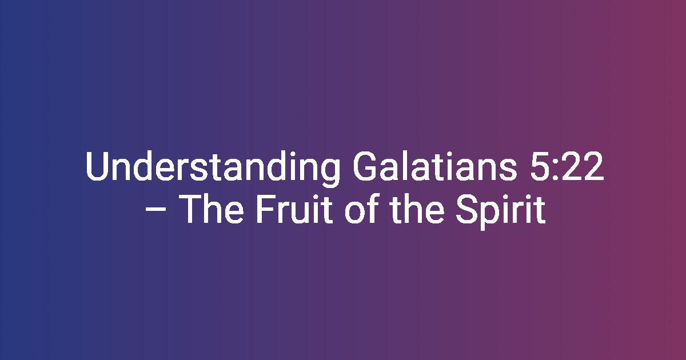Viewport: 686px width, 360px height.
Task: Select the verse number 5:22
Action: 567,166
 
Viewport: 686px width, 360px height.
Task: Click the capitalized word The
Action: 211,208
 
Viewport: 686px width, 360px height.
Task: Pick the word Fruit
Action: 294,208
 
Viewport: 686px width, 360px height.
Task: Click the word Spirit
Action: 501,211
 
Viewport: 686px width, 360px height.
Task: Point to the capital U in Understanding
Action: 97,166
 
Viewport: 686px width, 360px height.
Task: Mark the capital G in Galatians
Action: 365,166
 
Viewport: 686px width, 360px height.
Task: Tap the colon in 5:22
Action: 556,170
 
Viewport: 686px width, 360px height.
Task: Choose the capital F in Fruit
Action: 266,208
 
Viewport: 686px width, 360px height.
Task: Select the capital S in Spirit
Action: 466,208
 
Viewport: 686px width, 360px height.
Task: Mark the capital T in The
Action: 190,208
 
